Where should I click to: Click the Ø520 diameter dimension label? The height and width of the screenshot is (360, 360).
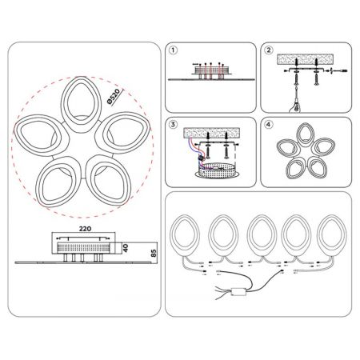(114, 97)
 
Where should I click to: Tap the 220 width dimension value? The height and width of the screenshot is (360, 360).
(85, 229)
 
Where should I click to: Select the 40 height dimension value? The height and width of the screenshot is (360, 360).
(126, 248)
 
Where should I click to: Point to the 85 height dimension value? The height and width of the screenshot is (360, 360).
(154, 253)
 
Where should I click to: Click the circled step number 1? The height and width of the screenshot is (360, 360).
(174, 50)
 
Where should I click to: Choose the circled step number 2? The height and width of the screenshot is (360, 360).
(269, 50)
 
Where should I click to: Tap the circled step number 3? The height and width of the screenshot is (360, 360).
(174, 124)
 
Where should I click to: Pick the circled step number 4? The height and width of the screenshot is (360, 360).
(269, 124)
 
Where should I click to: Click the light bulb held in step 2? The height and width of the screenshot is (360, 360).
(296, 106)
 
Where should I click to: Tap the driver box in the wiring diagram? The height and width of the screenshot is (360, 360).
(238, 291)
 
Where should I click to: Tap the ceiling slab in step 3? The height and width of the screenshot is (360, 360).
(211, 133)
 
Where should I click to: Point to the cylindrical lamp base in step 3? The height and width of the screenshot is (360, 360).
(216, 170)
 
